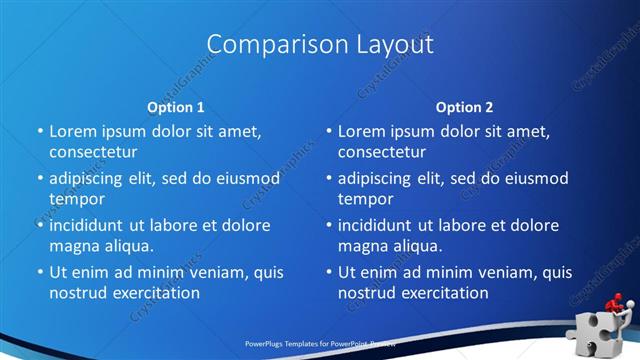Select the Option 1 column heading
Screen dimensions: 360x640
point(176,106)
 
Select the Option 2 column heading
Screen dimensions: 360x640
point(464,106)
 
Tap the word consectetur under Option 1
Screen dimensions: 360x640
point(93,152)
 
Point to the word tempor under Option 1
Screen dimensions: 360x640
point(77,199)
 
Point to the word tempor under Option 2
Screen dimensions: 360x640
point(365,199)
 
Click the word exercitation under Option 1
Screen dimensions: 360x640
point(155,293)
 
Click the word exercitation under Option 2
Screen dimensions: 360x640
point(443,293)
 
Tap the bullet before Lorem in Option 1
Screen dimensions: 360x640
point(40,132)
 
